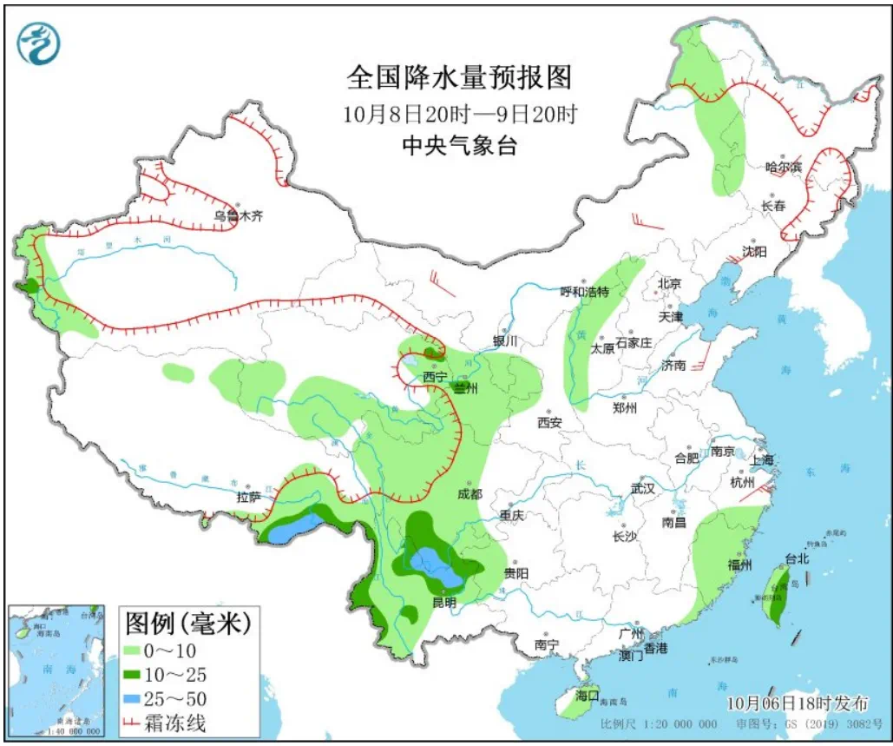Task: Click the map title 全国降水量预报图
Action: pyautogui.click(x=459, y=78)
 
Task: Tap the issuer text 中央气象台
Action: pyautogui.click(x=459, y=146)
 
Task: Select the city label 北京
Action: pyautogui.click(x=669, y=284)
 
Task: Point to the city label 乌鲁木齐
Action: pyautogui.click(x=238, y=217)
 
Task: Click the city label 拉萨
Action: pyautogui.click(x=248, y=498)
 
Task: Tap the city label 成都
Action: pyautogui.click(x=469, y=494)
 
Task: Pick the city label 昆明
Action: pyautogui.click(x=445, y=603)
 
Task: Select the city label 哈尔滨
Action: pyautogui.click(x=784, y=167)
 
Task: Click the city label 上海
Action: pyautogui.click(x=740, y=460)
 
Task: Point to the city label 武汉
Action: pyautogui.click(x=642, y=488)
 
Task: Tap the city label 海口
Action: pyautogui.click(x=588, y=695)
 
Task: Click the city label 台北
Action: pyautogui.click(x=796, y=558)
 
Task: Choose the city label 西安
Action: pyautogui.click(x=549, y=423)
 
